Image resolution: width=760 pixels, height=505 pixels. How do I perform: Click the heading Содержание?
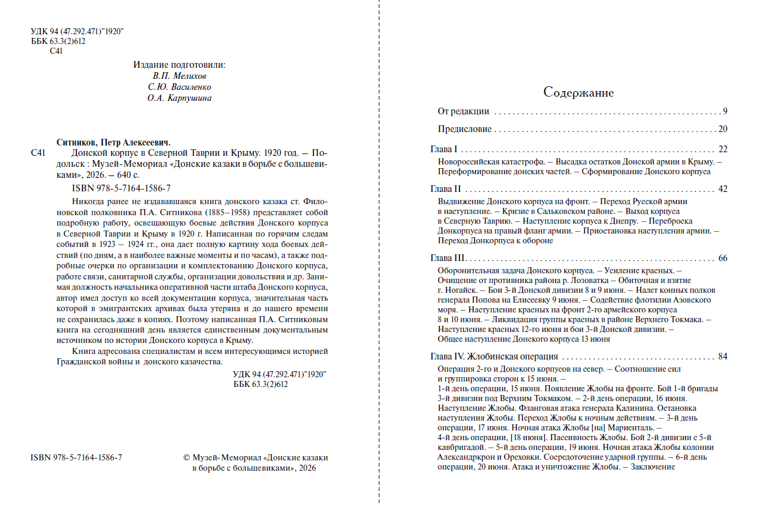click(x=579, y=93)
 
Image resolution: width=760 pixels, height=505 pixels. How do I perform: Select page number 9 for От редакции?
click(x=725, y=111)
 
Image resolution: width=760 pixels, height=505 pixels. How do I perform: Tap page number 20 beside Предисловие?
click(x=723, y=129)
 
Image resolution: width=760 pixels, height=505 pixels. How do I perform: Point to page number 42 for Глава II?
click(x=723, y=189)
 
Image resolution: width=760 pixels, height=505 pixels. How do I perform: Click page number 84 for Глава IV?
click(x=723, y=357)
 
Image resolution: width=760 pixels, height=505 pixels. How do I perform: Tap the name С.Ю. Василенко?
click(x=179, y=87)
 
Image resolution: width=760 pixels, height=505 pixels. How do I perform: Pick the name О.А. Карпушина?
click(x=179, y=98)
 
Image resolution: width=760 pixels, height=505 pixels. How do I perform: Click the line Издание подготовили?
click(x=179, y=65)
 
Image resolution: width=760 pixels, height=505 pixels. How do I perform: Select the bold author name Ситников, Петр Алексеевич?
click(x=113, y=141)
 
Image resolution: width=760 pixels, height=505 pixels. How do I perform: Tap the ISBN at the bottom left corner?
click(x=76, y=457)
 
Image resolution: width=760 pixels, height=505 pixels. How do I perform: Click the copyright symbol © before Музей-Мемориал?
click(x=187, y=458)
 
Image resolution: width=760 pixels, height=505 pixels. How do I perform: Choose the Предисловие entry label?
click(x=464, y=129)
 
